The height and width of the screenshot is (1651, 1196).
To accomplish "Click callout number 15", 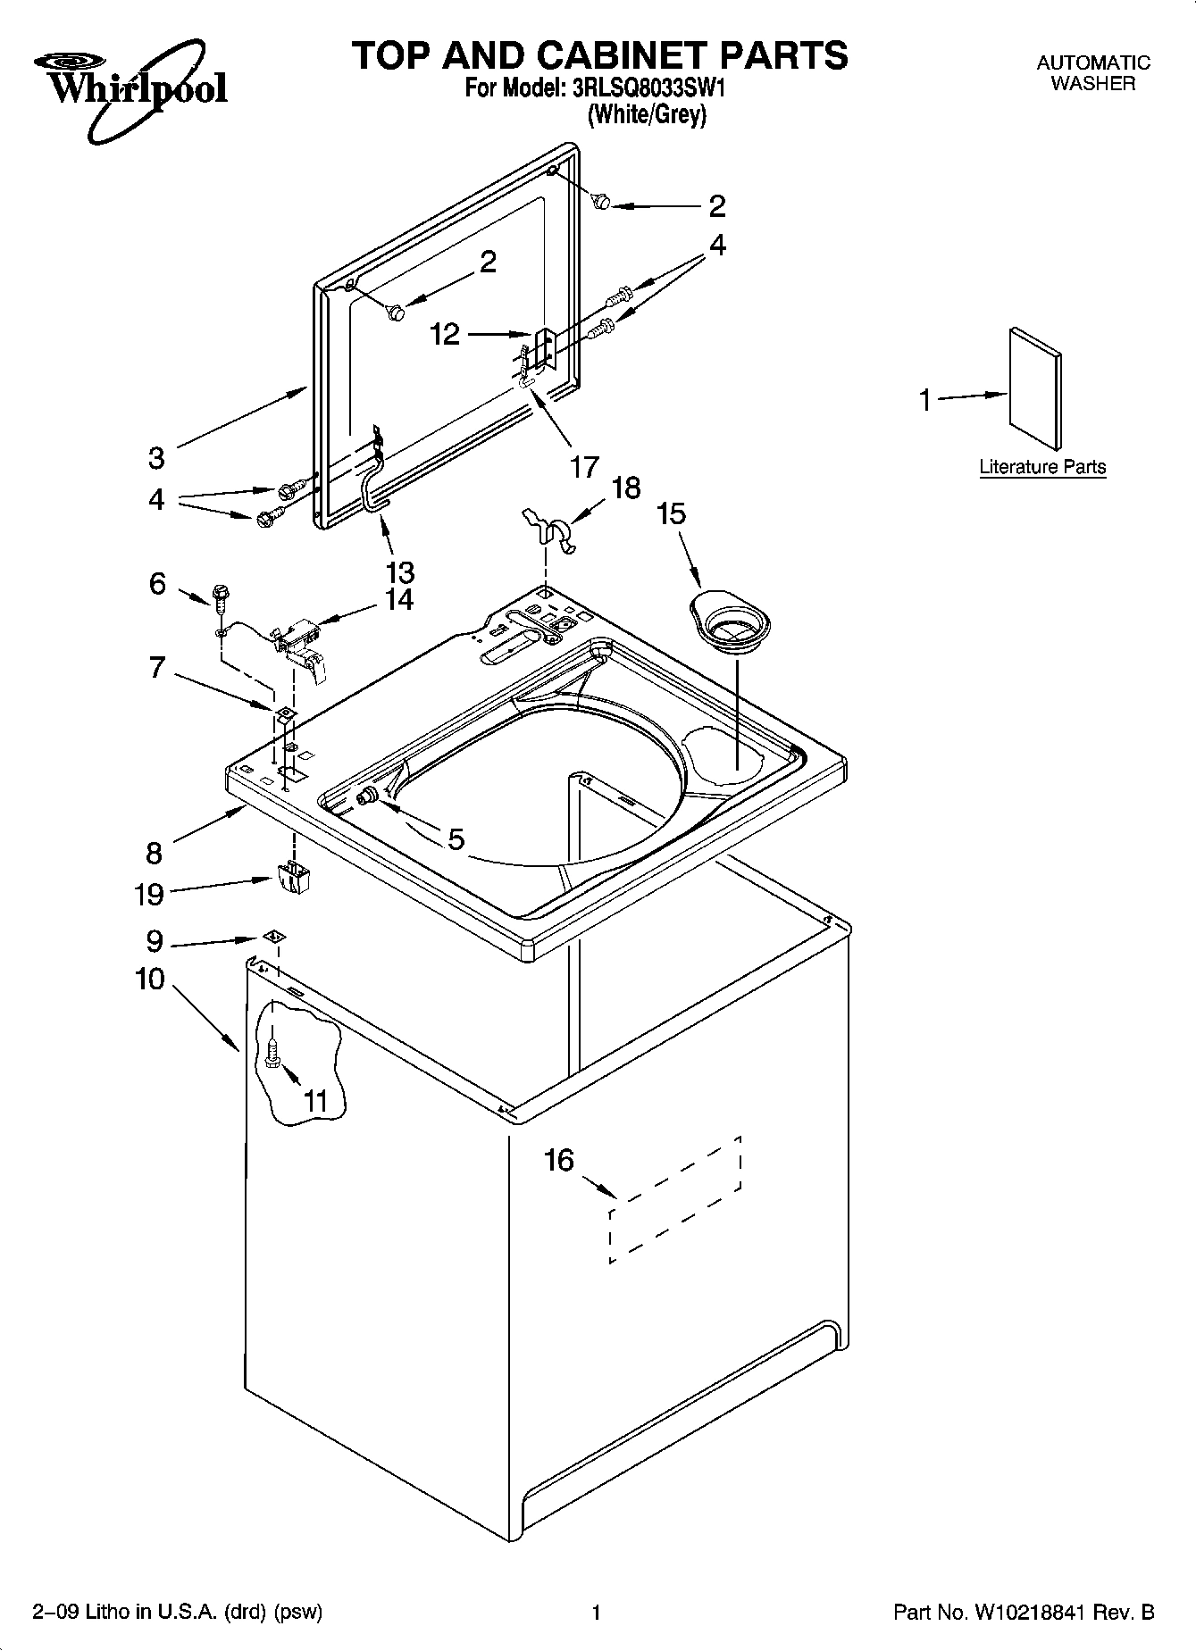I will (672, 513).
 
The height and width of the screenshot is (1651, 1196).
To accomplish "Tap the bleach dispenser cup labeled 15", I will (731, 621).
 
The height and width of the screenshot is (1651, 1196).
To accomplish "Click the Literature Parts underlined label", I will (1042, 467).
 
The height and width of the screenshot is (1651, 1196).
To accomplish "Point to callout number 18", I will (626, 488).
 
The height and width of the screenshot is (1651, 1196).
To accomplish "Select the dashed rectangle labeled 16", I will (675, 1198).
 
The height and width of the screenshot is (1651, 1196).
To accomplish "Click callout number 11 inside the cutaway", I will (316, 1101).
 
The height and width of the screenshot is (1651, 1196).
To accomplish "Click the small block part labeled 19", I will (293, 877).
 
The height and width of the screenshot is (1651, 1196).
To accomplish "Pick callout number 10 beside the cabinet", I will (150, 980).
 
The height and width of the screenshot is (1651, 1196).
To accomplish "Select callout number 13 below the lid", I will (399, 571).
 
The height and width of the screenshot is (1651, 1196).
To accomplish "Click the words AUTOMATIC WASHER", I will (1092, 73).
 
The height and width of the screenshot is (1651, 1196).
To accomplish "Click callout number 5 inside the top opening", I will (456, 838).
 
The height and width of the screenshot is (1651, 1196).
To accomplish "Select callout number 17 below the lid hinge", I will (584, 466).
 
